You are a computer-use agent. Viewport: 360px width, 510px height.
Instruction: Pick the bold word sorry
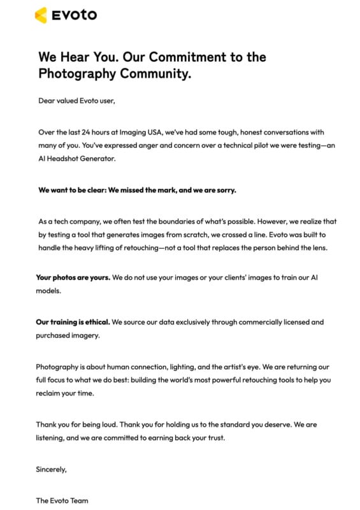point(224,190)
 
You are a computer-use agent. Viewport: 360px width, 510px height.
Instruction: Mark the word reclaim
point(50,393)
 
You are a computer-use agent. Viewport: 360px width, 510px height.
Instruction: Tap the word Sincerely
point(51,469)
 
